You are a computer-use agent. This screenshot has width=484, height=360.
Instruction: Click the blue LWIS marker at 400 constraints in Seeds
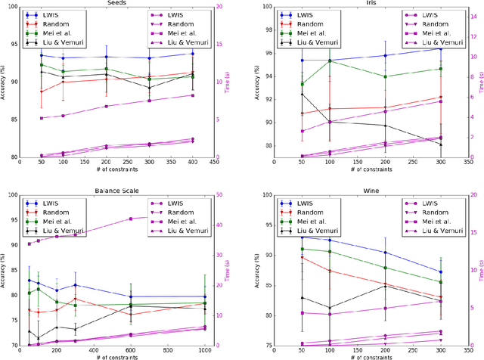point(193,54)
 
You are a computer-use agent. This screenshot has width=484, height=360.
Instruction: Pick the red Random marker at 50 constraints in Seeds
point(41,92)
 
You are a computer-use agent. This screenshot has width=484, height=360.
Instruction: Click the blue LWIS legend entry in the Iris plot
point(307,14)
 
